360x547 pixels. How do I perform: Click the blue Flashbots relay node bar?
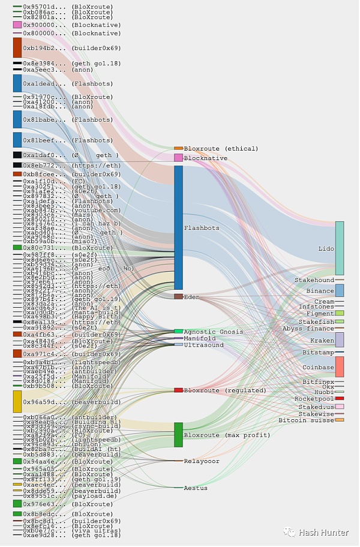pos(178,227)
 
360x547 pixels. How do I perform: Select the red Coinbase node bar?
pos(340,366)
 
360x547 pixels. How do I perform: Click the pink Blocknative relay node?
pos(178,158)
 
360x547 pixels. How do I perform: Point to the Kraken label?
pos(322,341)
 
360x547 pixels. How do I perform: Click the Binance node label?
pos(320,291)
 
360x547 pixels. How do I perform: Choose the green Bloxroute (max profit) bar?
pos(178,434)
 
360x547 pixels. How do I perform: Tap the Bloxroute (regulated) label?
pos(225,390)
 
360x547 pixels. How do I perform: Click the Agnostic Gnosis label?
pos(214,332)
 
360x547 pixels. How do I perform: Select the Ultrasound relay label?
pos(203,345)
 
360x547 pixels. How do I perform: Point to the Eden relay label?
pos(191,297)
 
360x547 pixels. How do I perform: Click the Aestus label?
pos(196,488)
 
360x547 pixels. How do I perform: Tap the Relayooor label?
pos(202,461)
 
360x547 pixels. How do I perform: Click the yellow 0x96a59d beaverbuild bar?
pos(17,401)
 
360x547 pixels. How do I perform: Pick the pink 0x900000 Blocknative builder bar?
pos(17,25)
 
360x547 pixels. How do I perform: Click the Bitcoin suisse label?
pos(306,420)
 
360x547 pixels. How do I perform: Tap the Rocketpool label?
pos(314,399)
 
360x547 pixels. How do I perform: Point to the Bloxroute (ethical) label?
pos(221,148)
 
